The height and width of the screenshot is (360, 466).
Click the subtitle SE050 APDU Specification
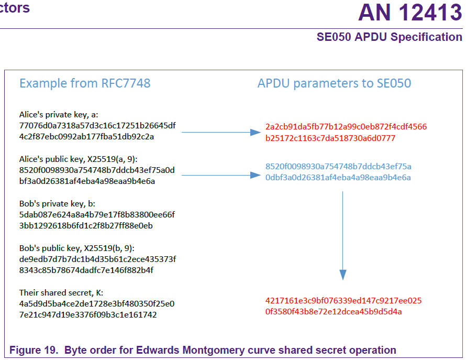pyautogui.click(x=389, y=37)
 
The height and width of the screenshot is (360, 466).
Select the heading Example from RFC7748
pyautogui.click(x=85, y=83)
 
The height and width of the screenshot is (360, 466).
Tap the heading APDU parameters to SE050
pyautogui.click(x=334, y=83)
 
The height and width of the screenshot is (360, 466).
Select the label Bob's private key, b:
pyautogui.click(x=57, y=203)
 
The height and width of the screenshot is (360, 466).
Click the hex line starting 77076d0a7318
pyautogui.click(x=97, y=125)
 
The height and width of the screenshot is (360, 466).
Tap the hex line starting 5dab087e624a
pyautogui.click(x=97, y=215)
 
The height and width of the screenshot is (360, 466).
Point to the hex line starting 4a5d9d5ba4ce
pyautogui.click(x=97, y=304)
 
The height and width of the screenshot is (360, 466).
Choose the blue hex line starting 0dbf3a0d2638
pyautogui.click(x=338, y=178)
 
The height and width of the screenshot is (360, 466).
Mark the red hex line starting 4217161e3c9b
pyautogui.click(x=343, y=301)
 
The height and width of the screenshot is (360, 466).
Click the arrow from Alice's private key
pyautogui.click(x=220, y=133)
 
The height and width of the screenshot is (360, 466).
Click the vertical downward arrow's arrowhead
pyautogui.click(x=343, y=275)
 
